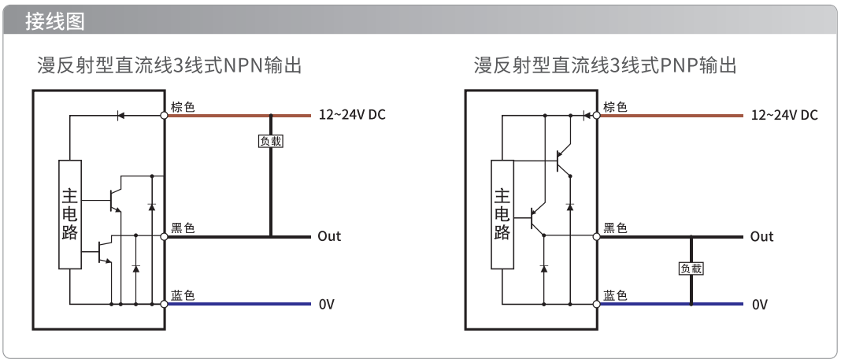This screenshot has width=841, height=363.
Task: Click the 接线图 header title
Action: click(54, 22)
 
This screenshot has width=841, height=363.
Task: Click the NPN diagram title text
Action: click(169, 65)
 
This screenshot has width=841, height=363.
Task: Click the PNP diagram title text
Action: click(605, 65)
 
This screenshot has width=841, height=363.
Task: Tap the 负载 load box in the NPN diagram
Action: click(270, 141)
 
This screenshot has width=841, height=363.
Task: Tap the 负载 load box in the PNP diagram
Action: click(691, 269)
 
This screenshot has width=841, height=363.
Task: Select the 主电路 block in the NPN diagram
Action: click(70, 214)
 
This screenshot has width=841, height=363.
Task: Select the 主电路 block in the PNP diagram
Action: click(502, 214)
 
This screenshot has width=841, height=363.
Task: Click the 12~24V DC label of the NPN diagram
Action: click(352, 115)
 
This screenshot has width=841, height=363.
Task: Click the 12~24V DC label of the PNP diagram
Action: click(784, 115)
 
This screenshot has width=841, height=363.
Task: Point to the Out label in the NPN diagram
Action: click(329, 236)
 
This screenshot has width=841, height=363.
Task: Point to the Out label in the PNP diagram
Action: click(761, 236)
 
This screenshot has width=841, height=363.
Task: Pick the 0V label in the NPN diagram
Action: click(326, 305)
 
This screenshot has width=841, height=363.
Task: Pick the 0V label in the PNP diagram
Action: click(759, 305)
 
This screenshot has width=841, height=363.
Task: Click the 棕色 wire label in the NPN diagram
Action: click(183, 107)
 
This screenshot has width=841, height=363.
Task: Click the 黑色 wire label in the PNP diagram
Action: click(615, 228)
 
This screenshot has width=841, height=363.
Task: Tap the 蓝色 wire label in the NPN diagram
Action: click(183, 295)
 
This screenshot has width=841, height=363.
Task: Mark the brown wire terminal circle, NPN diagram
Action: click(164, 115)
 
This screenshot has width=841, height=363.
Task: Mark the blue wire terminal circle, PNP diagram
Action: click(596, 304)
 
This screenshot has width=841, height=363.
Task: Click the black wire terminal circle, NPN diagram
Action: click(164, 236)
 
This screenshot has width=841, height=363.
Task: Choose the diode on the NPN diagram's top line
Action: click(120, 115)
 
